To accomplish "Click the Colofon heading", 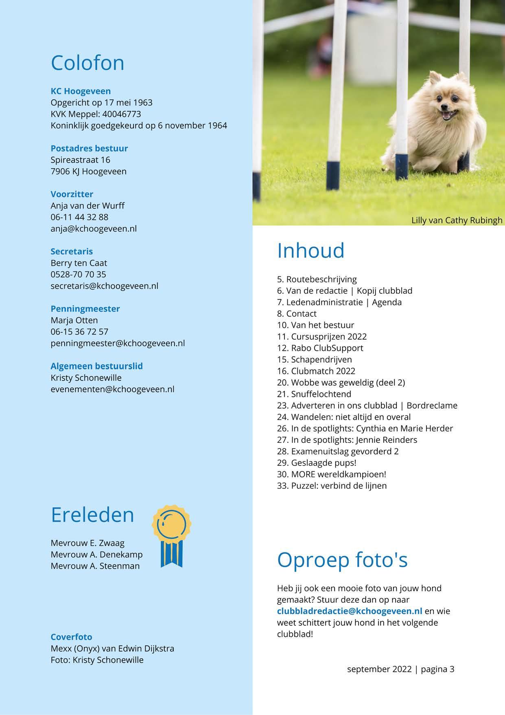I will point(87,63).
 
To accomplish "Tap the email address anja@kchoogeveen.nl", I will point(94,229).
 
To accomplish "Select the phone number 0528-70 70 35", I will point(78,274).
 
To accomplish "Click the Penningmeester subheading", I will point(85,309).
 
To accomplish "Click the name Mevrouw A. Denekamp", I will point(96,554).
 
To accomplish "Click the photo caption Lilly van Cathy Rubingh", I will point(457,220).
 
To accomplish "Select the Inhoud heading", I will point(310,251).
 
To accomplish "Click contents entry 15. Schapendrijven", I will point(314,359).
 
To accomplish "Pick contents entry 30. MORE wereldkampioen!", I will point(331,474).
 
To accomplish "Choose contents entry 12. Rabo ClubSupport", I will point(320,348).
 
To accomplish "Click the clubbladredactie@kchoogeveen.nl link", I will point(350,611).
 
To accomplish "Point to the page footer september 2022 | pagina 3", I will point(400,669).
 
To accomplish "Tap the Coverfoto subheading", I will point(71,637).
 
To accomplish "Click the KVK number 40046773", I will point(122,114).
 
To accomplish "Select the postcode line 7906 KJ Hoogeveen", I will point(88,171).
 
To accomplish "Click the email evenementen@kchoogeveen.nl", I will point(112,389).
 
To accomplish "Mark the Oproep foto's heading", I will point(342,560).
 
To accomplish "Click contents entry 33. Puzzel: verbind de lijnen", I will point(332,486).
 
